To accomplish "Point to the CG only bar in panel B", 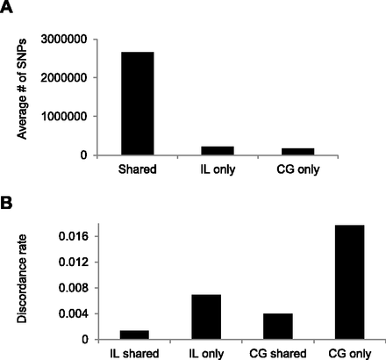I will tap(351, 282).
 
